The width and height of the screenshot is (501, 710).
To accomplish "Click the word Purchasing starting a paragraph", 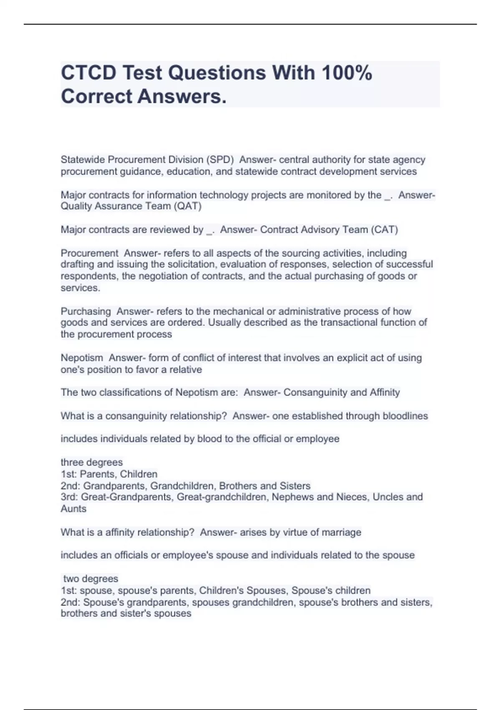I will pos(86,312).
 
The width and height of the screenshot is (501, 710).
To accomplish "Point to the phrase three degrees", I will pos(91,462).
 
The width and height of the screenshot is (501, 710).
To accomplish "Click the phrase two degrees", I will pos(91,579).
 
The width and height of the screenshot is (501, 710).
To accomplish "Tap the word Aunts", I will pos(73,509).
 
